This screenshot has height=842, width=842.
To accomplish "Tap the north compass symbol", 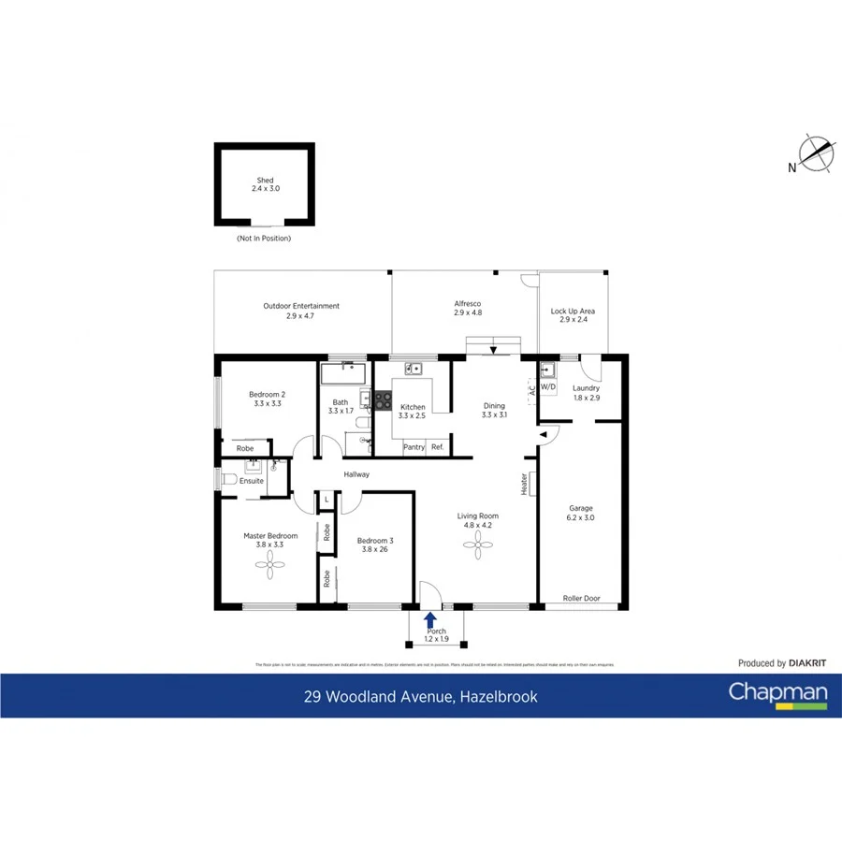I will [816, 154].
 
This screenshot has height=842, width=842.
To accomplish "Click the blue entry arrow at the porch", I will [430, 618].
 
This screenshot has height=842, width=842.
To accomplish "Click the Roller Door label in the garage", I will [581, 599].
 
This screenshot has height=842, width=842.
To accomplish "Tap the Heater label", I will [524, 483].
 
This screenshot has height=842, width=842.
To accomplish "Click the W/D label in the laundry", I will [548, 387].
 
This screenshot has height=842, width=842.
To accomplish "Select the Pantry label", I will [414, 447].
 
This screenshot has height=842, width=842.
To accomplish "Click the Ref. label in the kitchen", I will [438, 447].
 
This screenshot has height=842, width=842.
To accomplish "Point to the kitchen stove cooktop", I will [383, 400].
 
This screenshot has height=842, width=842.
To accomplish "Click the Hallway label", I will [356, 474].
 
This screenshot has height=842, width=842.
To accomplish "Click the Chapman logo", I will [777, 694].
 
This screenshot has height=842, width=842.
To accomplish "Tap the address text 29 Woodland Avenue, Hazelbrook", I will [420, 696].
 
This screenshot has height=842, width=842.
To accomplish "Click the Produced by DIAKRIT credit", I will [782, 663].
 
